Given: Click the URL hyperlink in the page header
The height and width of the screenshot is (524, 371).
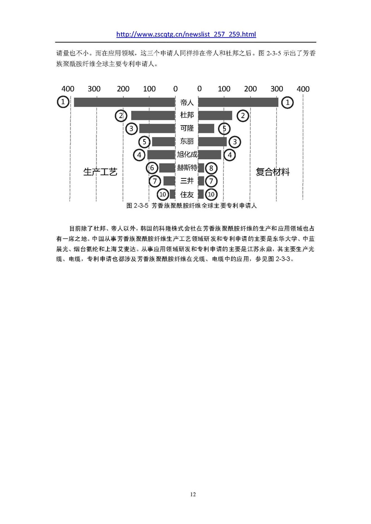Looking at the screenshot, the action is [186, 34].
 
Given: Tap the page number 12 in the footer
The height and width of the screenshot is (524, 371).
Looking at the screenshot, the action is [193, 494].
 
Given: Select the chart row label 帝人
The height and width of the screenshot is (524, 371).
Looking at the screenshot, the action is [187, 102].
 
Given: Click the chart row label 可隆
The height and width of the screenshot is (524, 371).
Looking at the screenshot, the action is [187, 128].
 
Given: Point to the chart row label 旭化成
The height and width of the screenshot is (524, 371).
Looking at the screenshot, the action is [187, 154].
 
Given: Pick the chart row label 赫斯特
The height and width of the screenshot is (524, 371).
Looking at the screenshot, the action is [187, 167].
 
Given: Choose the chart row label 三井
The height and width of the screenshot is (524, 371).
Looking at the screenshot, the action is [187, 181].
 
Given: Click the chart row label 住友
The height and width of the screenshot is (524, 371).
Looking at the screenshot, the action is [187, 194].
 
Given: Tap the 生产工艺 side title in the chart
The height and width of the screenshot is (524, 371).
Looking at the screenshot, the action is [100, 172].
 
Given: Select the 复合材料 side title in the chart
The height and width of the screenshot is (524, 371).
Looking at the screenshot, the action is [273, 172].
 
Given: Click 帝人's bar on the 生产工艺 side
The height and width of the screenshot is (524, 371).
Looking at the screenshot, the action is [124, 102].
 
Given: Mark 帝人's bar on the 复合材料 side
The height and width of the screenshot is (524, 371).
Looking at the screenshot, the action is [238, 102].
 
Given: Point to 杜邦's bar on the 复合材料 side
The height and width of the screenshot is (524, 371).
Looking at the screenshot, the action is [215, 115].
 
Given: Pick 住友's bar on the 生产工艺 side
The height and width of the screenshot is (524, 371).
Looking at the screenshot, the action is [173, 194].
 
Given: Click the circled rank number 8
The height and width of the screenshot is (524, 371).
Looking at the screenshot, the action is [211, 168].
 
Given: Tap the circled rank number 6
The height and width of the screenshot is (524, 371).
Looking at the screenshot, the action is [152, 168].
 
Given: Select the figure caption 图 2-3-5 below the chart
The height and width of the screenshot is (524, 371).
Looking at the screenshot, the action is [192, 206].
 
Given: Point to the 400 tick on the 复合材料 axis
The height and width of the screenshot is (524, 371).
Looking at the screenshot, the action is [303, 89].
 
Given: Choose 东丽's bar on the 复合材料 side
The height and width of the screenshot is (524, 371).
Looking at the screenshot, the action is [212, 141].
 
